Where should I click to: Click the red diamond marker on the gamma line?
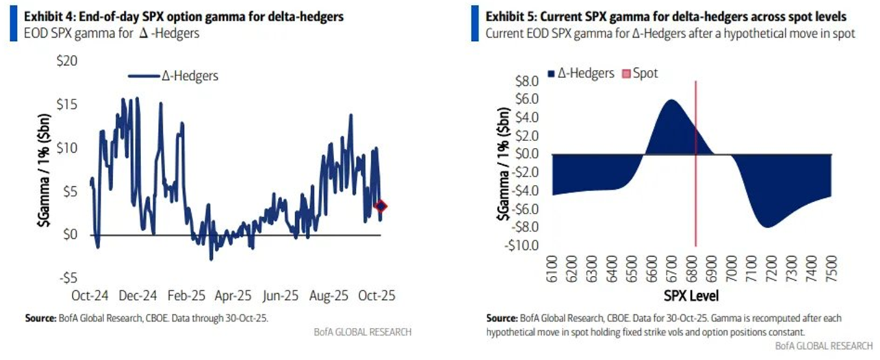[381, 206]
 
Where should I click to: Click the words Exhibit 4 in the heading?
[38, 17]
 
